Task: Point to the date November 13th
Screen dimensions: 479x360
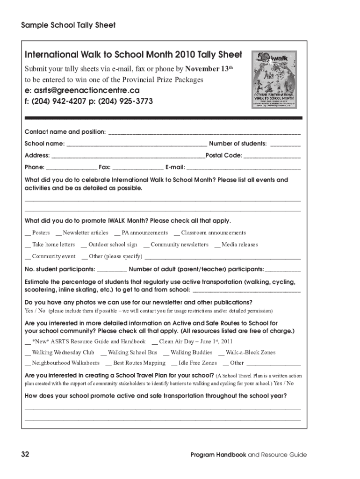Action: (209, 69)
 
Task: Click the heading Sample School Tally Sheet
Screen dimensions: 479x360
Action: (68, 25)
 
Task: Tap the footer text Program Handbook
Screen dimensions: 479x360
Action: (218, 455)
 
